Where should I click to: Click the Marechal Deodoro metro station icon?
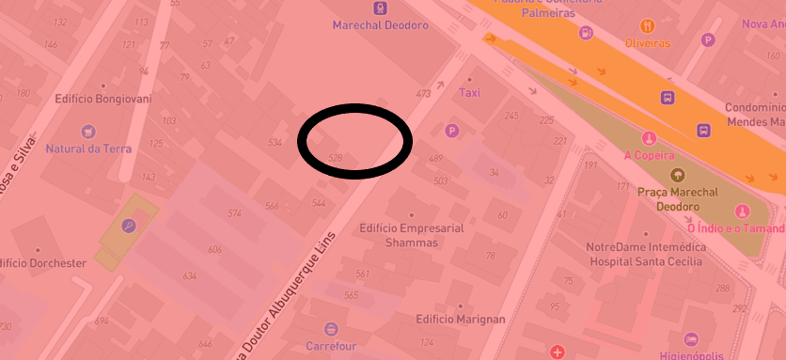tap(379, 8)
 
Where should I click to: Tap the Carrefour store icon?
tap(330, 329)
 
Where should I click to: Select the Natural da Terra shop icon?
tap(88, 132)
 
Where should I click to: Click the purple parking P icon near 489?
tap(452, 131)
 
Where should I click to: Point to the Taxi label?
tap(469, 93)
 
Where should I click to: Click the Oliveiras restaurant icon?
tap(647, 25)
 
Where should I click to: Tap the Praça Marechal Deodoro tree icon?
tap(677, 175)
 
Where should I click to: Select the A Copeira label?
tap(649, 155)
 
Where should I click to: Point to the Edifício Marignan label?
tap(460, 320)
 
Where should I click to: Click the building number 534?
tap(275, 142)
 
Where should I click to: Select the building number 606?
tap(214, 249)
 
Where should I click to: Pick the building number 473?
tap(423, 93)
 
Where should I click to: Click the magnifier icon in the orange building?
tap(128, 225)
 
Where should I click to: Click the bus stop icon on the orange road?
tap(667, 97)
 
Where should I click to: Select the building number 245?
tap(511, 116)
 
